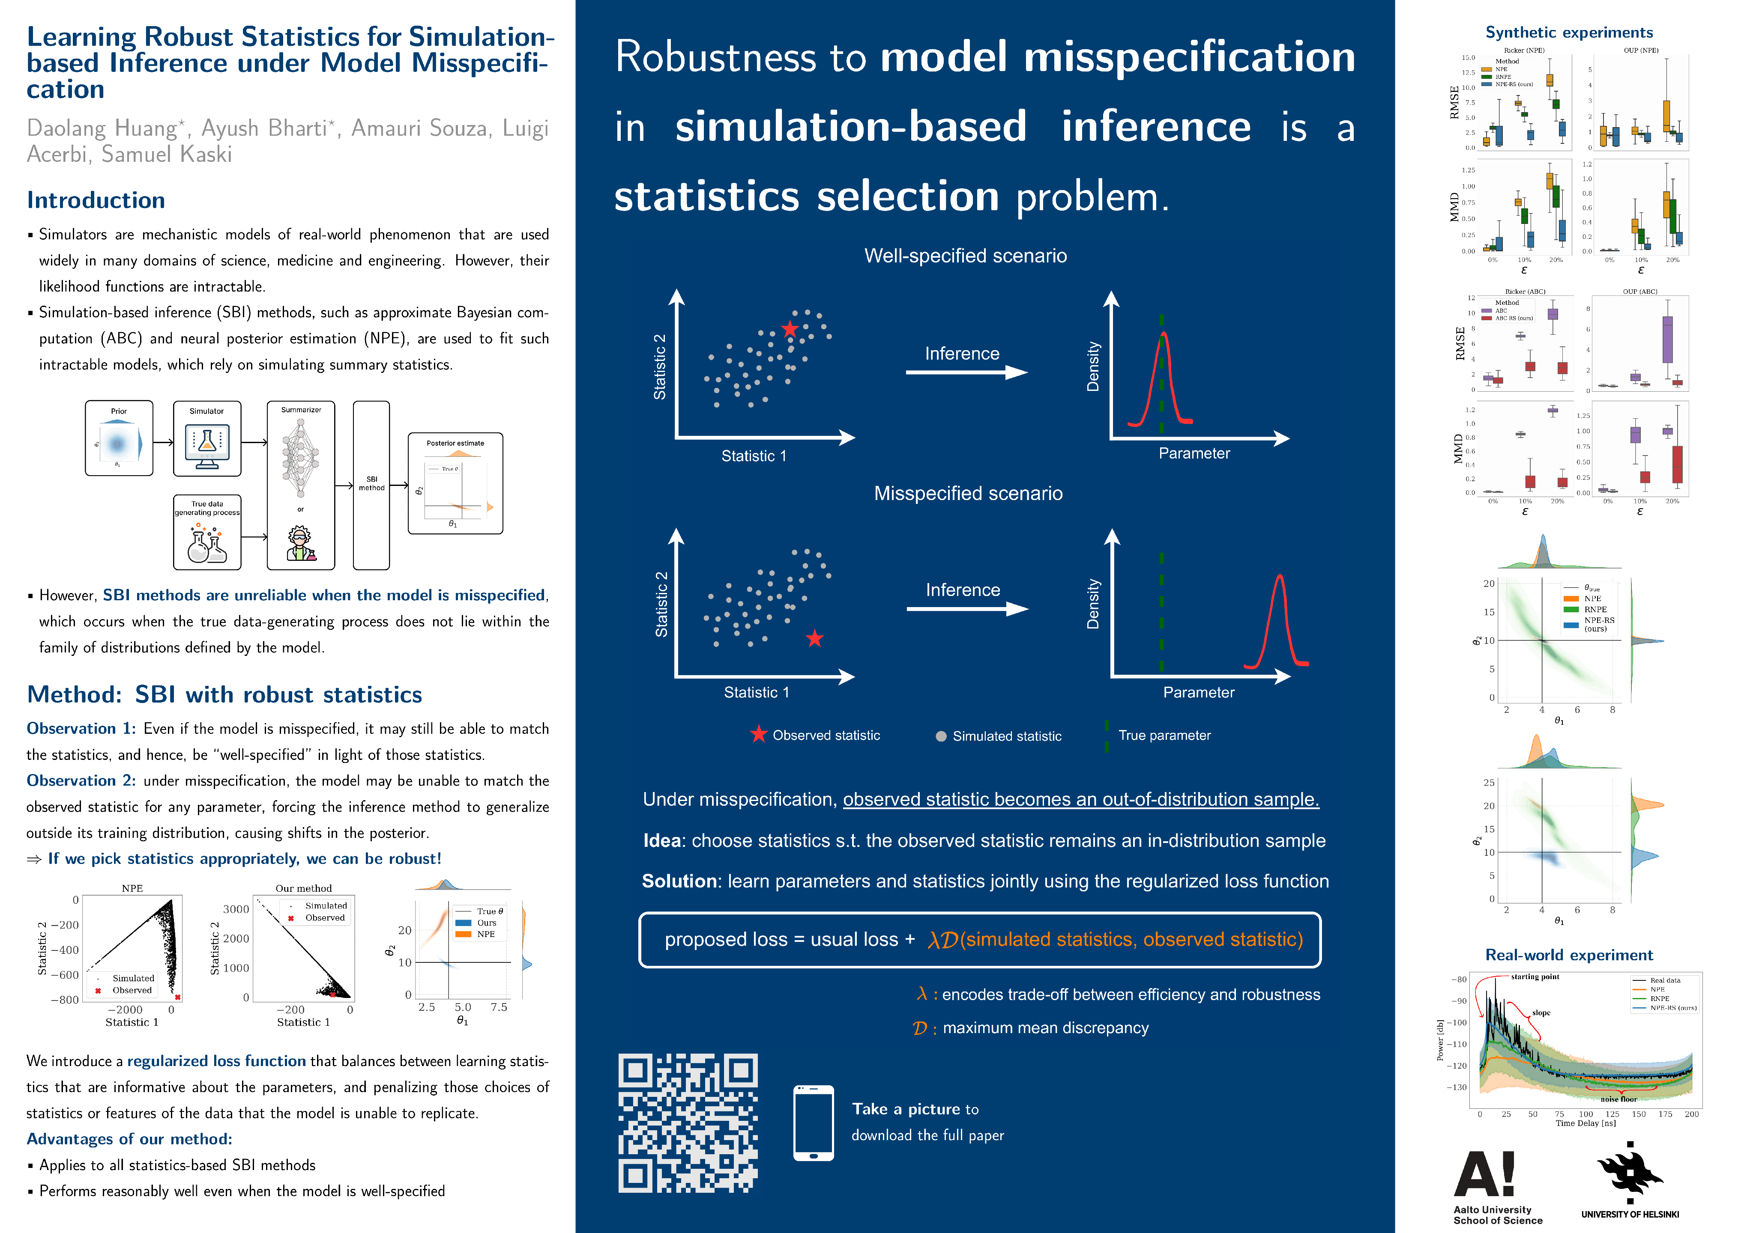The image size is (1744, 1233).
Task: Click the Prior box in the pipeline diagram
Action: [x=119, y=438]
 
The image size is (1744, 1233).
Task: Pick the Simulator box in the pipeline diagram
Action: [x=206, y=438]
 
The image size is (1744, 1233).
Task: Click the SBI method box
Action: [x=371, y=484]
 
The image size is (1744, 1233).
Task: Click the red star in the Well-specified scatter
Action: [x=790, y=329]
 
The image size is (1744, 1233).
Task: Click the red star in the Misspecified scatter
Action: [x=814, y=638]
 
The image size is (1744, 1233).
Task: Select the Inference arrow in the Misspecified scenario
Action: [x=966, y=608]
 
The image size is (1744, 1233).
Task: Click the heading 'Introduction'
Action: [x=96, y=200]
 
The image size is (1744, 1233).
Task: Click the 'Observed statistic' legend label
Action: [x=826, y=735]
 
